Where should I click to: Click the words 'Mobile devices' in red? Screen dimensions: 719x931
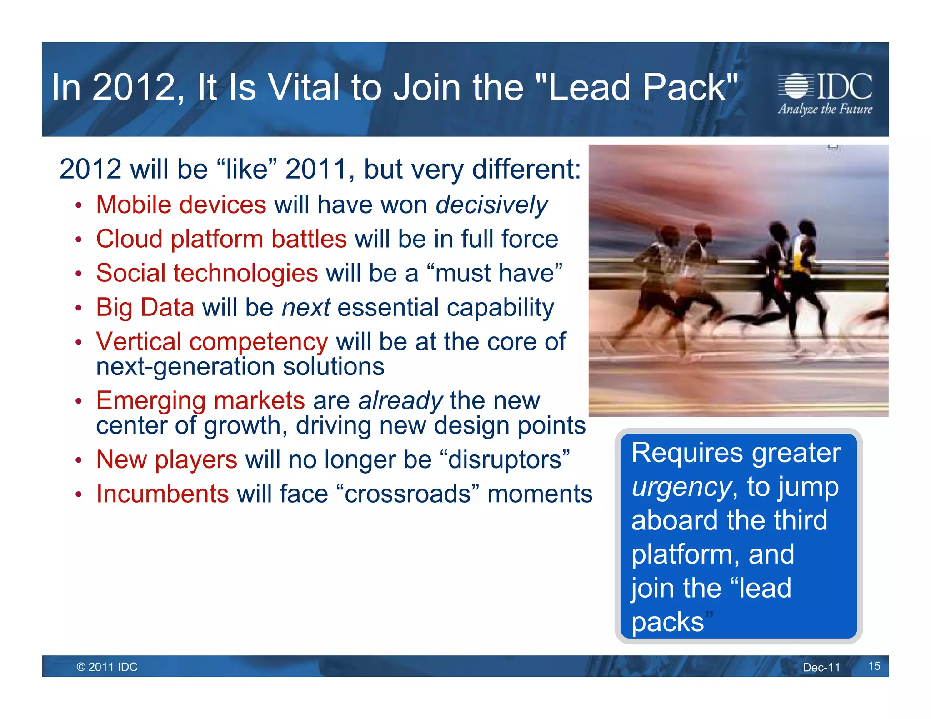[181, 205]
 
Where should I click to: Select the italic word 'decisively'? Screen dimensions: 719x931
[492, 205]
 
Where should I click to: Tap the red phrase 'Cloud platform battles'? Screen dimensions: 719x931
[221, 239]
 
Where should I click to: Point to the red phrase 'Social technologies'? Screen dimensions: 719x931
[207, 273]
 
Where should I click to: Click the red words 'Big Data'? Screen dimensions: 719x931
[145, 307]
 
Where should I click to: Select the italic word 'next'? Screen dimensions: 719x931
[305, 308]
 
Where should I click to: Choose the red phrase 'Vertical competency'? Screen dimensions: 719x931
[212, 342]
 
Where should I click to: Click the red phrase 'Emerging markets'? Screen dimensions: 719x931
[200, 401]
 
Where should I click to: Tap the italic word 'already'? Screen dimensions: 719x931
[400, 401]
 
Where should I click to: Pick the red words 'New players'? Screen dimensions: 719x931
[167, 459]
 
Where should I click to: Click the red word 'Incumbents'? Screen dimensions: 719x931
[162, 494]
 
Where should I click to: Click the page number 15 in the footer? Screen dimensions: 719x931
[874, 666]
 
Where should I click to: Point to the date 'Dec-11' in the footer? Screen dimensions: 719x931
[821, 667]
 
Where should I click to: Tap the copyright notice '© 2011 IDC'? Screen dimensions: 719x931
[107, 667]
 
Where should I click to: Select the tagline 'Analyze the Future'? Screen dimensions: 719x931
[825, 110]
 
